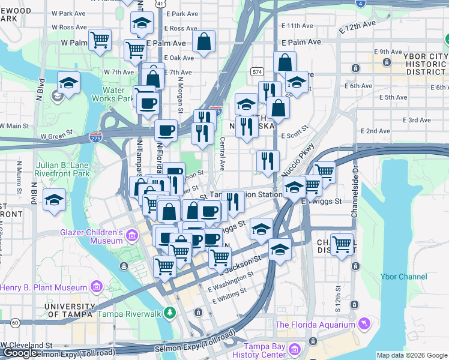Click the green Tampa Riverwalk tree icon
click(x=170, y=313)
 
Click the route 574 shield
click(x=257, y=71)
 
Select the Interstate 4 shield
click(x=360, y=3)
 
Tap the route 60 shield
click(x=14, y=323)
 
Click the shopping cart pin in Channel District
click(x=342, y=244)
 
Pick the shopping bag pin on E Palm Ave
click(x=204, y=42)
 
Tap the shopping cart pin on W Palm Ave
click(x=100, y=40)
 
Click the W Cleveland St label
click(x=28, y=346)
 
